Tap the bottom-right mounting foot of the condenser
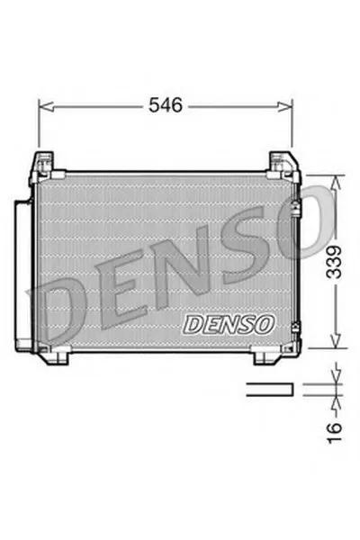pyautogui.click(x=268, y=356)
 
